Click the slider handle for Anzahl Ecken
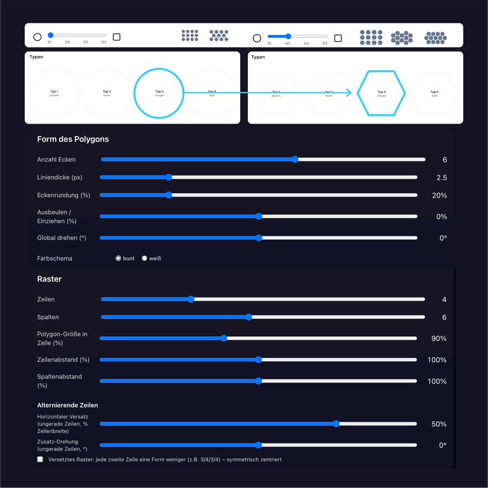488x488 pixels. [295, 159]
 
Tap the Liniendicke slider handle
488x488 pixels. [168, 177]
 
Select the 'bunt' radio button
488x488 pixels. [118, 259]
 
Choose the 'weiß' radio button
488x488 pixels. [144, 259]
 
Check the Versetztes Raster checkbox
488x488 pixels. [40, 459]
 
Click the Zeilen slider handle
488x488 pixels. [191, 299]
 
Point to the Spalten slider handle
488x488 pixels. [248, 317]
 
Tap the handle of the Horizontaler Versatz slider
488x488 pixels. [336, 424]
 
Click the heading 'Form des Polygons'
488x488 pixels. [73, 139]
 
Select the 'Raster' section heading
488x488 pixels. [50, 279]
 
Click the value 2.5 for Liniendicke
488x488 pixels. [442, 177]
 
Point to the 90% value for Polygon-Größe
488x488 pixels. [439, 339]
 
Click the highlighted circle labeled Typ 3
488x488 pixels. [159, 93]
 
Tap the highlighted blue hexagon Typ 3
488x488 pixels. [381, 93]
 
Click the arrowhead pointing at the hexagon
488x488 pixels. [348, 93]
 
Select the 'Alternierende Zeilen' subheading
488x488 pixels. [67, 405]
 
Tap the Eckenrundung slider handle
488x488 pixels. [168, 195]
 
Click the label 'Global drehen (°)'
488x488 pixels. [62, 238]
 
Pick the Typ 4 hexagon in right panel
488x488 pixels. [435, 93]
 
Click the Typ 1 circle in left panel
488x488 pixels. [54, 93]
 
